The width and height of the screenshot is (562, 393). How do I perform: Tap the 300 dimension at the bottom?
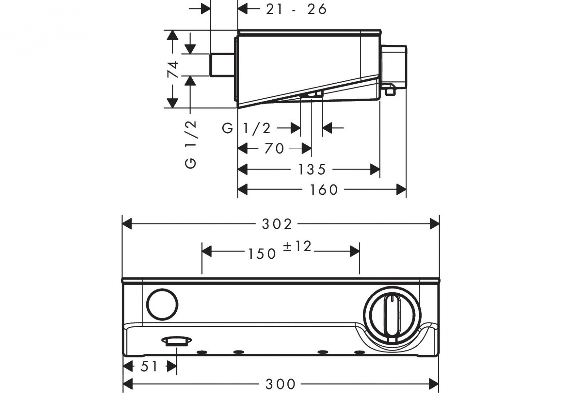click(280, 384)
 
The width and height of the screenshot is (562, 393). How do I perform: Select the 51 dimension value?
click(149, 366)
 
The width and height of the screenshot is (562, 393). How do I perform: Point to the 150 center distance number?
click(262, 254)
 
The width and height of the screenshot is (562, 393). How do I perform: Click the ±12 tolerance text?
click(298, 246)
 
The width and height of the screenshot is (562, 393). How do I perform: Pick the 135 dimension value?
click(312, 169)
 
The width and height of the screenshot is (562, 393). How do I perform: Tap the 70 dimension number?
click(274, 148)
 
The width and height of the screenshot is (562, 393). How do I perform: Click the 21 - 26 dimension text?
click(296, 9)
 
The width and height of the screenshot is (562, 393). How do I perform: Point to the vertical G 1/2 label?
click(191, 144)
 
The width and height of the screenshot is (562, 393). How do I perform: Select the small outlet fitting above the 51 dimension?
click(176, 341)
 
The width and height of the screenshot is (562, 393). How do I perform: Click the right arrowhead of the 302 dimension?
click(435, 224)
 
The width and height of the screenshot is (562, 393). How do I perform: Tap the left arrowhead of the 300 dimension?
click(127, 384)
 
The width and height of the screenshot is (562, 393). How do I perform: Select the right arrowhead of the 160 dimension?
click(401, 190)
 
